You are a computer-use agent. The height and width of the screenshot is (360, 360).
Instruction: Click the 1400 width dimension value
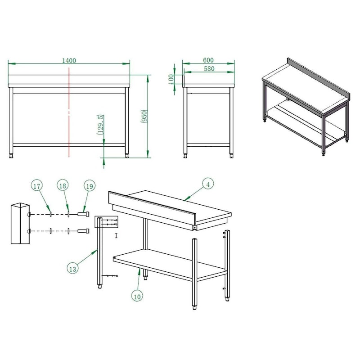69,60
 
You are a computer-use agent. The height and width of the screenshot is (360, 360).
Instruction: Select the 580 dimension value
208,69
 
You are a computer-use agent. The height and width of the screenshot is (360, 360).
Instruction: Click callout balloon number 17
37,186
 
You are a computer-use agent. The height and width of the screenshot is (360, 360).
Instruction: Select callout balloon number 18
63,186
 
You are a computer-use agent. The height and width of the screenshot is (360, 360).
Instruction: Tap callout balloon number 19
89,186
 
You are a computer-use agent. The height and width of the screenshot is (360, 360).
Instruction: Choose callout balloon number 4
207,184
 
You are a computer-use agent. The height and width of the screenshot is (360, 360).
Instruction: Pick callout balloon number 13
72,268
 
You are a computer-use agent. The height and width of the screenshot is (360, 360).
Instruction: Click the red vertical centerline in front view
68,112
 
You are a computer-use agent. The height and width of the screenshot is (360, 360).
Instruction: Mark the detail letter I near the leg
116,235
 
